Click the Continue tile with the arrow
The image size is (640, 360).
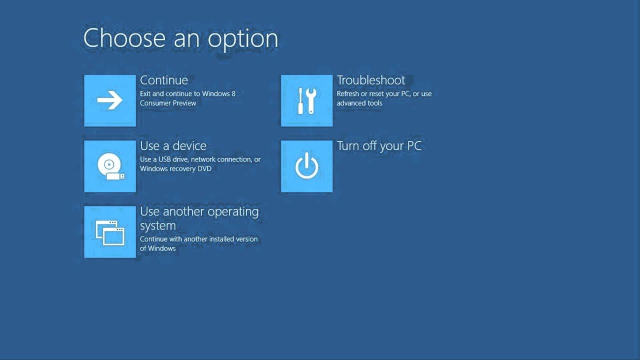pos(110,100)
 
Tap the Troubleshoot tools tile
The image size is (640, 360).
pos(306,100)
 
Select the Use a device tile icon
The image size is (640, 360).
pos(110,166)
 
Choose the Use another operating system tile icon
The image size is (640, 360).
pos(110,232)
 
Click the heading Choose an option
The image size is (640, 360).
pos(180,39)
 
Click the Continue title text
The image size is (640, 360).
pos(164,80)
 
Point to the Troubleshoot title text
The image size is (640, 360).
pos(371,80)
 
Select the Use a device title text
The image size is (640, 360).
pos(173,146)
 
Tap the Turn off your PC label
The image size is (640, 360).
pos(379,146)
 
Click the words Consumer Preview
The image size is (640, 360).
pos(168,103)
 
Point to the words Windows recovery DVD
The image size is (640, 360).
pos(175,168)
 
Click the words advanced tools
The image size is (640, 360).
pos(359,103)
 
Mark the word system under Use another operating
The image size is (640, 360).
pos(157,225)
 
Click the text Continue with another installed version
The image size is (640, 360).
pos(198,239)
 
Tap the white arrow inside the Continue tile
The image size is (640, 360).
pos(110,100)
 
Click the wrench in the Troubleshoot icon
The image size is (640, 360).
pos(311,100)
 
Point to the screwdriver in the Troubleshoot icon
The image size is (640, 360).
pos(300,101)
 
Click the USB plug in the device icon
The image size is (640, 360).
pos(114,176)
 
